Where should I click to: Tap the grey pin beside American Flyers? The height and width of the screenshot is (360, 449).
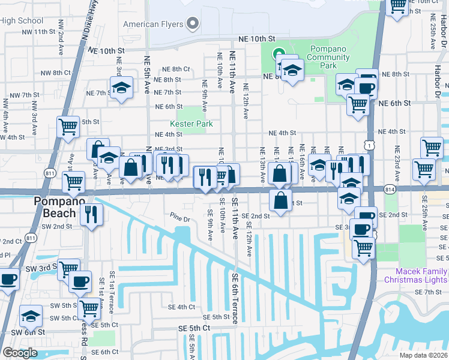(x=193, y=24)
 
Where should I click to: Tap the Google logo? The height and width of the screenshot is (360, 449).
(x=20, y=353)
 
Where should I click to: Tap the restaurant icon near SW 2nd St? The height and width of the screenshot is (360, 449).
(x=91, y=214)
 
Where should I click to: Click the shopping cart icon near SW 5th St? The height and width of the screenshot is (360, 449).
(x=89, y=308)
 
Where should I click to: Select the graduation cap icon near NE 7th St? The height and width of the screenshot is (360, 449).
(x=122, y=89)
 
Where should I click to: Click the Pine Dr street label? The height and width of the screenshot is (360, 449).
(x=179, y=218)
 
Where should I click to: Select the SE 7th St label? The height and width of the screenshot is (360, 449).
(x=429, y=292)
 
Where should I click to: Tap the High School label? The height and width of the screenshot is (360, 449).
(x=22, y=20)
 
